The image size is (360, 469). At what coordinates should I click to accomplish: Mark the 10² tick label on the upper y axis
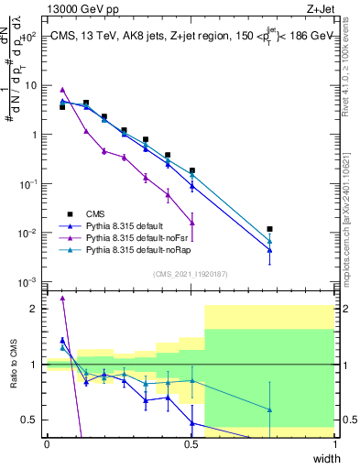(x=28, y=37)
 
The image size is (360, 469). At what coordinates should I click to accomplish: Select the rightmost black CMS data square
(x=269, y=229)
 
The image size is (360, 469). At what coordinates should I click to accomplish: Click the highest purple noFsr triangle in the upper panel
(x=62, y=90)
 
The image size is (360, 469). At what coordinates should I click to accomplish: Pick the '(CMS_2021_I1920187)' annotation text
(x=191, y=272)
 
